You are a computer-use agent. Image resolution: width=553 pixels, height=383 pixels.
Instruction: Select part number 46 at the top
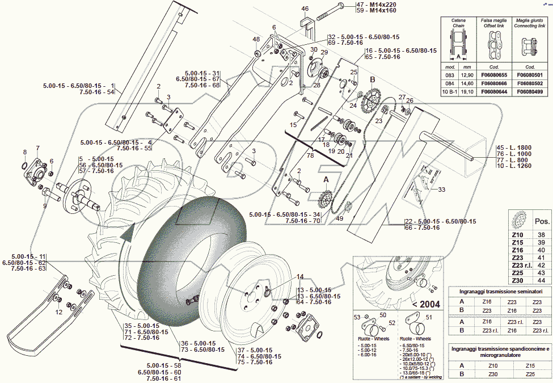coord(305,9)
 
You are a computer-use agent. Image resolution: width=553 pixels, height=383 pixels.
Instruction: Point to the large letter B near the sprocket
coord(373,80)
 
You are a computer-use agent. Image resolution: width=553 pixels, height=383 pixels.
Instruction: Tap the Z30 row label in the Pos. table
coord(517,281)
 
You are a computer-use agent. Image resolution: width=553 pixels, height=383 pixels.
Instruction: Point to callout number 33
coord(442,190)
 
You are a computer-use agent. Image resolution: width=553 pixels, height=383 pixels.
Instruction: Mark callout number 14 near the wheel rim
coord(300,277)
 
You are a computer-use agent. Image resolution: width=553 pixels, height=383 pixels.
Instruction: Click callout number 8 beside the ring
coord(24,152)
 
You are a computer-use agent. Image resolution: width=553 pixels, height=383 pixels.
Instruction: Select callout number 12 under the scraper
coord(58,312)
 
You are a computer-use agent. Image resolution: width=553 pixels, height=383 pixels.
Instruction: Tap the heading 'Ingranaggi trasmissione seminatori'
coord(496,291)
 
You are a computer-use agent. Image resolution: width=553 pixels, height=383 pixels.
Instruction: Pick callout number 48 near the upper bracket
coord(256,40)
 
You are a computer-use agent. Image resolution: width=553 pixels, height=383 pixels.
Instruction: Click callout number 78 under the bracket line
coord(310,155)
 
